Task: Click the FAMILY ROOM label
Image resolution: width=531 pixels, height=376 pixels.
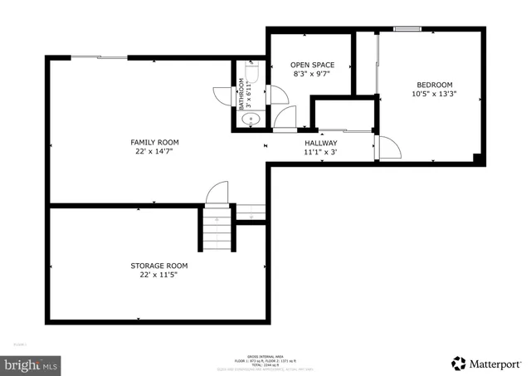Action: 155,142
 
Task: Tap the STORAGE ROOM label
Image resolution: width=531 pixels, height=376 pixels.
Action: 158,266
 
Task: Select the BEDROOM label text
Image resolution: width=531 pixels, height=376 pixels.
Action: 433,85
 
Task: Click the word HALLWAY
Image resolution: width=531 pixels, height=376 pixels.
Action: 319,143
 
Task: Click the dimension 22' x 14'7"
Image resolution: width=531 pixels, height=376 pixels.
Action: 155,152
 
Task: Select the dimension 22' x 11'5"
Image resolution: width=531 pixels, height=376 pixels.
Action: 158,276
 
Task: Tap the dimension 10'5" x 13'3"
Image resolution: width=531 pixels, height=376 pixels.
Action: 433,95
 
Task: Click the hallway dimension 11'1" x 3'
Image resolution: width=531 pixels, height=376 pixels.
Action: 319,153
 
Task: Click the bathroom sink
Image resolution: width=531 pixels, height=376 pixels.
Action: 251,121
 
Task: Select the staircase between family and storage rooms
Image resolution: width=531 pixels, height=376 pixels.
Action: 217,229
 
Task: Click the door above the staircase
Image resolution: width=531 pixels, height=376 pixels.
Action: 217,193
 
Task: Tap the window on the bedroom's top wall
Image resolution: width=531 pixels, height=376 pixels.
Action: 407,30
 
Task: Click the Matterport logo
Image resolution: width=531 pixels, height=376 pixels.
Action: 487,363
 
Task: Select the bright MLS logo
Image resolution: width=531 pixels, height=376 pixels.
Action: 31,363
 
